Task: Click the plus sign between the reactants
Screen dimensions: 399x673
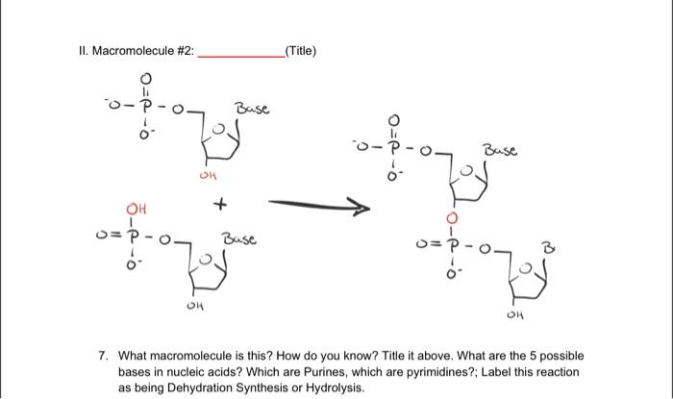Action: click(222, 205)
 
